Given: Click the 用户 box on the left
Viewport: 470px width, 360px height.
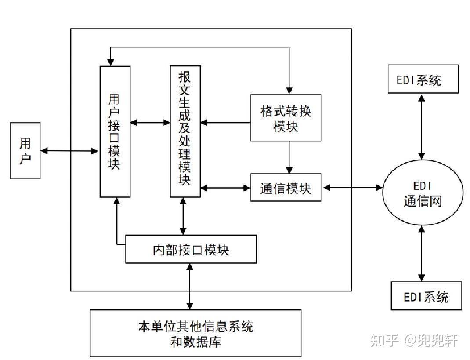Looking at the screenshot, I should pyautogui.click(x=25, y=150).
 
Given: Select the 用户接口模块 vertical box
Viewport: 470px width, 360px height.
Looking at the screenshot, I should pyautogui.click(x=115, y=131).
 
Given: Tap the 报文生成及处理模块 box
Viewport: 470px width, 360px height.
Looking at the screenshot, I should pyautogui.click(x=185, y=131).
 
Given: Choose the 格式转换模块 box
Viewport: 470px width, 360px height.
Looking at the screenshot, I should pyautogui.click(x=286, y=117).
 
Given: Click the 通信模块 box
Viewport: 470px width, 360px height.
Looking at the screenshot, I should pyautogui.click(x=286, y=188).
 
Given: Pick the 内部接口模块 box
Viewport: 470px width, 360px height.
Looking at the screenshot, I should pyautogui.click(x=191, y=249).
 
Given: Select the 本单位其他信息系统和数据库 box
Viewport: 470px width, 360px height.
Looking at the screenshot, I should pyautogui.click(x=196, y=333).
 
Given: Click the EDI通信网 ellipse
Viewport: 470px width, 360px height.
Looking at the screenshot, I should pyautogui.click(x=422, y=194).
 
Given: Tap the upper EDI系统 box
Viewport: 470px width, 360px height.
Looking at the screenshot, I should pyautogui.click(x=423, y=79).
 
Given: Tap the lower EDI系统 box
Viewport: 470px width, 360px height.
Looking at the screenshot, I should pyautogui.click(x=426, y=296).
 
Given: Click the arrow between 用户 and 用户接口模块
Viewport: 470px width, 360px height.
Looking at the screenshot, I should pyautogui.click(x=69, y=151).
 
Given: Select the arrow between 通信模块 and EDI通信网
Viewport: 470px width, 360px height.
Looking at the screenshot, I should pyautogui.click(x=352, y=188).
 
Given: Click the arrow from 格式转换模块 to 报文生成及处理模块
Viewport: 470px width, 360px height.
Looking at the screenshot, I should pyautogui.click(x=225, y=122).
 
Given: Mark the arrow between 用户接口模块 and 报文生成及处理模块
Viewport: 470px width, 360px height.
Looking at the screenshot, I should pyautogui.click(x=150, y=122).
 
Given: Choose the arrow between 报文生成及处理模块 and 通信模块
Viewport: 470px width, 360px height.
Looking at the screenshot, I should pyautogui.click(x=225, y=188).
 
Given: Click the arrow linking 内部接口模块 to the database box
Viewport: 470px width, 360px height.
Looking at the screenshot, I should pyautogui.click(x=190, y=286).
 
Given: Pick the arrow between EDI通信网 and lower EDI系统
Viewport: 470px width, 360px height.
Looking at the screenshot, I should pyautogui.click(x=422, y=253).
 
